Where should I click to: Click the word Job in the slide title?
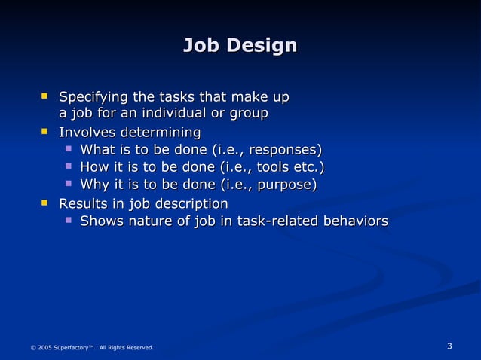click(x=201, y=46)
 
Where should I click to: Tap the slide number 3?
click(x=449, y=346)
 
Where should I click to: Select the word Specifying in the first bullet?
click(x=93, y=97)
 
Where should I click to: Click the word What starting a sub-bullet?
click(x=97, y=148)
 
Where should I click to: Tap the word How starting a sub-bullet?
click(x=94, y=166)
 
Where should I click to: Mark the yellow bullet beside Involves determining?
click(x=44, y=132)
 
